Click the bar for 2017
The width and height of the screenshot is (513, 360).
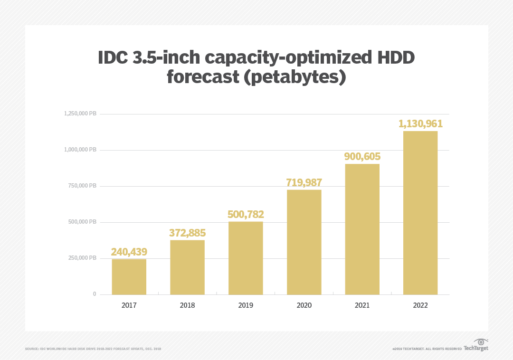(129, 276)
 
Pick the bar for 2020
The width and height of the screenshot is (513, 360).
(304, 242)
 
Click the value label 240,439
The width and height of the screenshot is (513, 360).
(129, 252)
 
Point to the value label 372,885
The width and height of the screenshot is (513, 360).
(187, 233)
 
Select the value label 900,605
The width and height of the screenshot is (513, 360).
(362, 156)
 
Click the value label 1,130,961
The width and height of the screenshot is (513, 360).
(420, 123)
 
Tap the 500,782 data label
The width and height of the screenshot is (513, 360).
(246, 214)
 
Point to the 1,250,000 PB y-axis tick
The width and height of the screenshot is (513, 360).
(80, 114)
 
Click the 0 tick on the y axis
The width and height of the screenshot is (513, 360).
(94, 294)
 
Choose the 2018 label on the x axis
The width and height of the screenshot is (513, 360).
(187, 305)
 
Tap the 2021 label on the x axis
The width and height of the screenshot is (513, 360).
(362, 305)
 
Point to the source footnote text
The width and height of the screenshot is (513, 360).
(93, 349)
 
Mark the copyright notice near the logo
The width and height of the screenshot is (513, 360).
(427, 349)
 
